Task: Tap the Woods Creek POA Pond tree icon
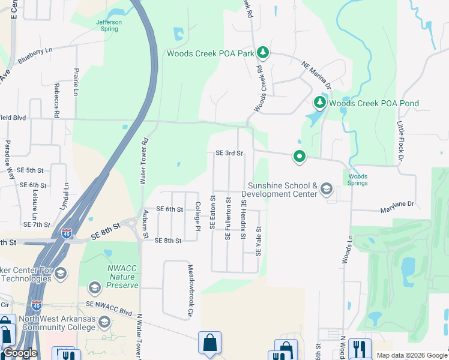coord(319,103)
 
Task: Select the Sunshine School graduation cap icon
coord(326,190)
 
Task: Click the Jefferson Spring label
coord(109,25)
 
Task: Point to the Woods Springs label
coord(358,179)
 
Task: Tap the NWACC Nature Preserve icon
coord(94,289)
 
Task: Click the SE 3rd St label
coord(229,153)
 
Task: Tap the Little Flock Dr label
coord(400,142)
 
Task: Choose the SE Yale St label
coord(259,241)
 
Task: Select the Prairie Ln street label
coord(76,82)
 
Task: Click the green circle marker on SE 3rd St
coord(299,157)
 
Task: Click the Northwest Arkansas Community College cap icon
coord(104,323)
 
